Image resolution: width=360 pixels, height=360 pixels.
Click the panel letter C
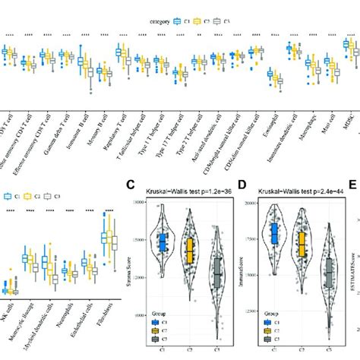pyautogui.click(x=131, y=184)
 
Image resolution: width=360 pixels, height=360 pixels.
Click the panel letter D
pyautogui.click(x=242, y=184)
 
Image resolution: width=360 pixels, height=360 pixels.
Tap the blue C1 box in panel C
pyautogui.click(x=163, y=242)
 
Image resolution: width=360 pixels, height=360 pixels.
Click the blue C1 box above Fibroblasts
pyautogui.click(x=104, y=238)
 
